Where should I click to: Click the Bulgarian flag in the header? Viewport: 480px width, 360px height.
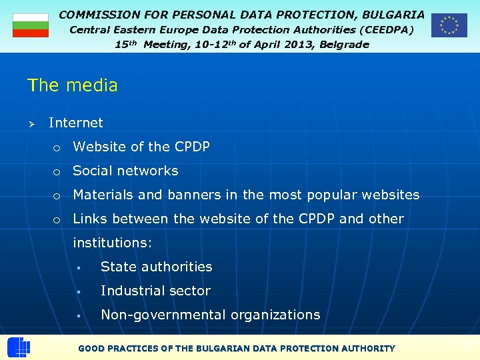point(31,25)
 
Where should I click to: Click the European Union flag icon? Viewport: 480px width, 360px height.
point(449,25)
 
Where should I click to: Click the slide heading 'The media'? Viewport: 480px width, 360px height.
point(72,85)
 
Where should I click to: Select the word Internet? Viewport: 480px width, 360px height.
point(76,123)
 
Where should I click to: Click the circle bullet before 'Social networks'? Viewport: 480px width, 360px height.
point(57,172)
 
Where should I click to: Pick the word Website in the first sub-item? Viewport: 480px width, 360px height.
point(98,147)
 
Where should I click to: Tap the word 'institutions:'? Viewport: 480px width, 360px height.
point(113,243)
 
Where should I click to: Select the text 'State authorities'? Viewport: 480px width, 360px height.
point(156,267)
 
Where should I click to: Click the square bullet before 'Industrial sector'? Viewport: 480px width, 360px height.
point(79,292)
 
